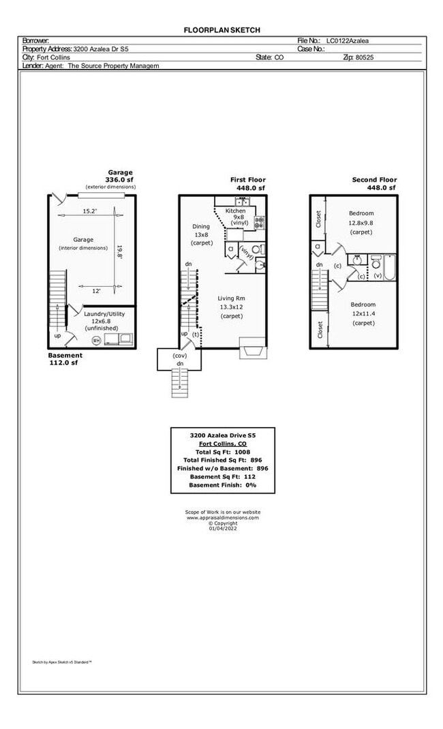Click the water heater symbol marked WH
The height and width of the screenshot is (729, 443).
97,339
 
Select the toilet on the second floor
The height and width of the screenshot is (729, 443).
376,262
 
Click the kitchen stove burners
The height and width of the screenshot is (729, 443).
259,221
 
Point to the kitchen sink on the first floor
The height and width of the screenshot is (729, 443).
243,201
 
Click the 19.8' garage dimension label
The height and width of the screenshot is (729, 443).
120,252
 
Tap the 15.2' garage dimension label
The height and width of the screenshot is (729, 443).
90,211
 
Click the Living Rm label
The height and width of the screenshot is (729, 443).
231,298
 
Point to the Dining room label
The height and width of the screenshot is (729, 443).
201,226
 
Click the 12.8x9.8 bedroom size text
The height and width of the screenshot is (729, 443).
361,223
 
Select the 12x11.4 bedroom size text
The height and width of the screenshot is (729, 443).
363,313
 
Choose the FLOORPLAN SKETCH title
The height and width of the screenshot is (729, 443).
222,30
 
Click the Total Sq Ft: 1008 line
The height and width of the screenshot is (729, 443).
223,452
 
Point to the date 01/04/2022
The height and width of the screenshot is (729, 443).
223,529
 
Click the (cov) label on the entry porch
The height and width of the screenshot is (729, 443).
180,356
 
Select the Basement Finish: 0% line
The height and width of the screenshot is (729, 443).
223,484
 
